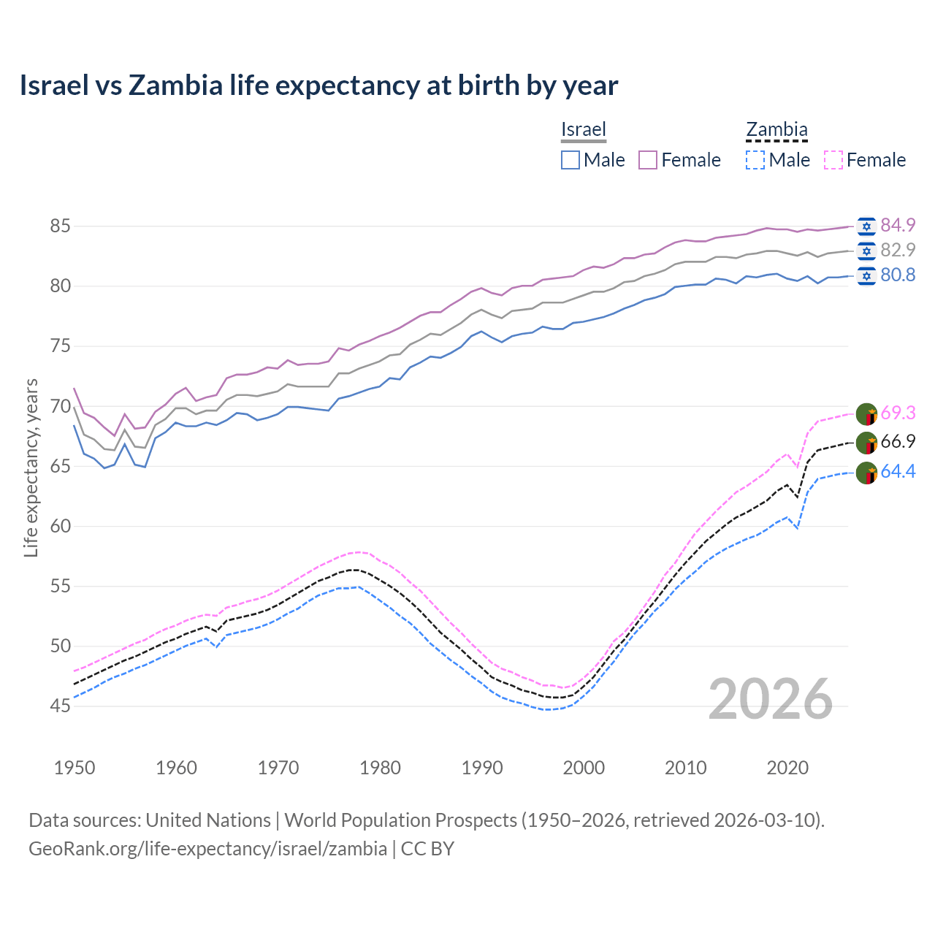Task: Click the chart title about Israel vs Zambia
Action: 318,85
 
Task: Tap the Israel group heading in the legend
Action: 583,129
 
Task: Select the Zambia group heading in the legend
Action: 776,130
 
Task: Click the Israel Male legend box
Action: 570,160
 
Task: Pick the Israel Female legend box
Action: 648,160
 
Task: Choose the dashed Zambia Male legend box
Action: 755,160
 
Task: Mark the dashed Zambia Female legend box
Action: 833,160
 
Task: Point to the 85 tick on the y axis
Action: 60,226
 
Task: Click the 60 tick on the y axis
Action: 60,527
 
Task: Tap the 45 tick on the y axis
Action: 60,706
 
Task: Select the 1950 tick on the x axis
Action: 75,768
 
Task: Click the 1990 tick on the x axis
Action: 482,768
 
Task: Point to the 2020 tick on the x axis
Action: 787,768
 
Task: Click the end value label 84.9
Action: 898,225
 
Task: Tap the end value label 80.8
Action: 898,275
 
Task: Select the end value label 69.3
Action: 898,413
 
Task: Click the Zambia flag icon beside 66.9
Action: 866,443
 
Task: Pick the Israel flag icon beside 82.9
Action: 866,251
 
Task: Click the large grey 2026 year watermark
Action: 771,699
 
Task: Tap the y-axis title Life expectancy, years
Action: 31,467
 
